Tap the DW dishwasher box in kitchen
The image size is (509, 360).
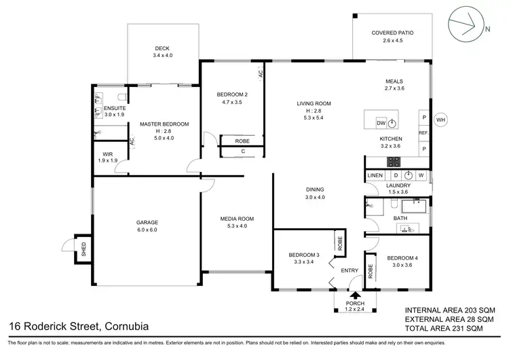[x=381, y=123]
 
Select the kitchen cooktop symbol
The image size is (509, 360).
[x=393, y=161]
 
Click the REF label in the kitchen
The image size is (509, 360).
[x=423, y=133]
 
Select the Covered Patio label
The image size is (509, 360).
[x=392, y=33]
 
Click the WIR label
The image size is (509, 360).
[x=108, y=154]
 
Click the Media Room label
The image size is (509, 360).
[x=236, y=219]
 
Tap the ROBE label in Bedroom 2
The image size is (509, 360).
[x=242, y=141]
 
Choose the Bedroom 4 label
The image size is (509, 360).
[x=402, y=258]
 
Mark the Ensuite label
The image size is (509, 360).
[x=113, y=107]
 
